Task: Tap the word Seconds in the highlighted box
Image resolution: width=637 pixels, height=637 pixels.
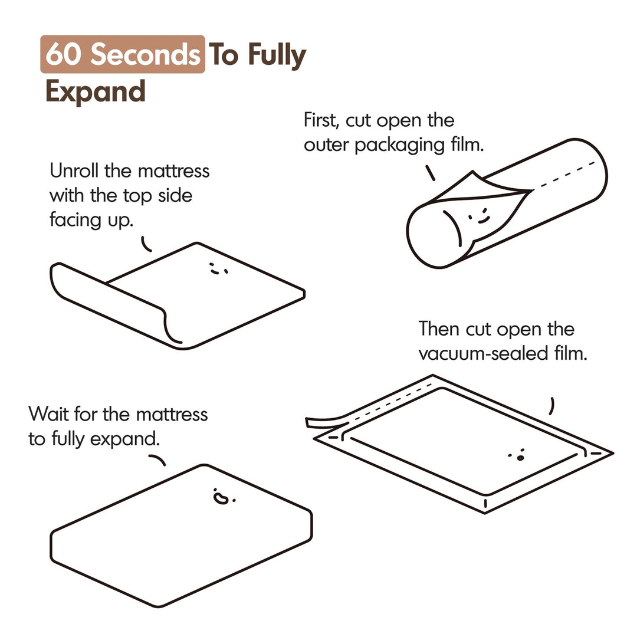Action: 145,54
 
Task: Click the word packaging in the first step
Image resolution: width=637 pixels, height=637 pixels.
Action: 400,146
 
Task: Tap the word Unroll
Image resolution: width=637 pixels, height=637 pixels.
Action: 74,170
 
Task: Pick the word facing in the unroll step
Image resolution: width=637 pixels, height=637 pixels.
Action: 75,221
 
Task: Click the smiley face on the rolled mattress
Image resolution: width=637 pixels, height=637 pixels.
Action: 478,216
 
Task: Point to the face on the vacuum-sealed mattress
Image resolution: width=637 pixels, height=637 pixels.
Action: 517,455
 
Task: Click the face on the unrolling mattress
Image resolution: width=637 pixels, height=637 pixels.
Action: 218,268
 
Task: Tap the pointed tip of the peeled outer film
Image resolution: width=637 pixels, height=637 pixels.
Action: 472,172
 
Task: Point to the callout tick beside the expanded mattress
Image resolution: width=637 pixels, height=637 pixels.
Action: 157,459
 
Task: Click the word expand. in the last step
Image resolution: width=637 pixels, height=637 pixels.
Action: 124,439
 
